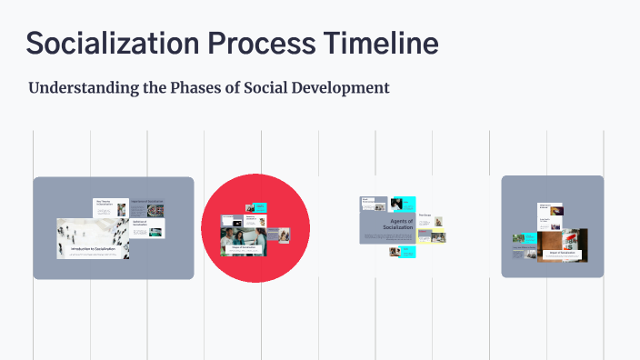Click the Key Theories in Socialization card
(x=110, y=208)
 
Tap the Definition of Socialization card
(x=145, y=230)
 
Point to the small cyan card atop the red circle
(x=258, y=208)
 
